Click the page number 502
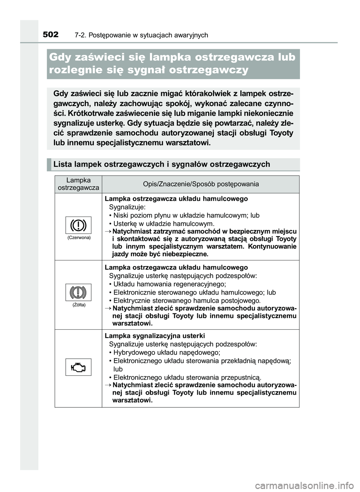coord(50,35)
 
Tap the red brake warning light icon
coord(78,225)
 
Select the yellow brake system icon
coord(78,292)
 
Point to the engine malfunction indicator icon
coord(78,367)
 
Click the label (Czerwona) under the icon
coord(79,238)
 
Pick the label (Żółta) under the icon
coord(79,305)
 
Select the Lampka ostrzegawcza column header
coord(78,184)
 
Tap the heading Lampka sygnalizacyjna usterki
coord(155,336)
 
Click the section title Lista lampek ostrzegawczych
coord(162,164)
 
